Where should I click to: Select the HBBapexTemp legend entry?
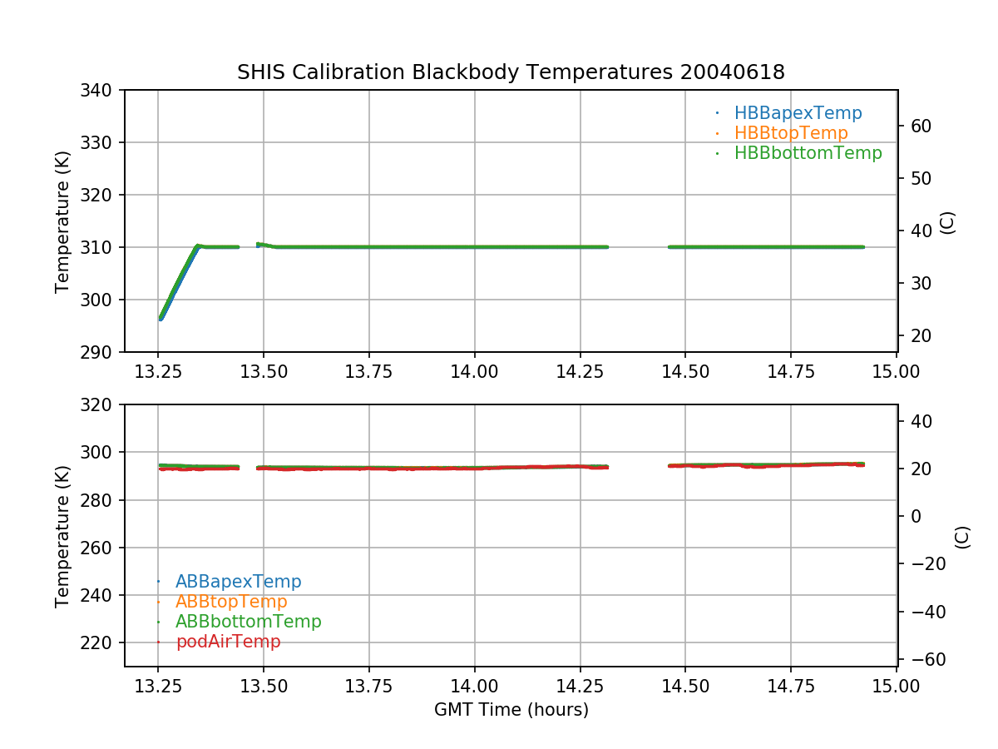click(798, 113)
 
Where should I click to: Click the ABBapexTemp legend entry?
click(238, 582)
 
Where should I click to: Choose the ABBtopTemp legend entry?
click(231, 602)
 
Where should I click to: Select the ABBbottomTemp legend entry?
click(248, 622)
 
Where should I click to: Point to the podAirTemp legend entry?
click(228, 642)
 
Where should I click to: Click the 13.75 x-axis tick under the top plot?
click(369, 370)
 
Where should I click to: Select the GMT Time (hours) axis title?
click(511, 710)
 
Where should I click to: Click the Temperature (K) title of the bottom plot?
click(62, 535)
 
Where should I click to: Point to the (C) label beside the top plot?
click(946, 222)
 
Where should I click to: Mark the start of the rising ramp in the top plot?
click(161, 319)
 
